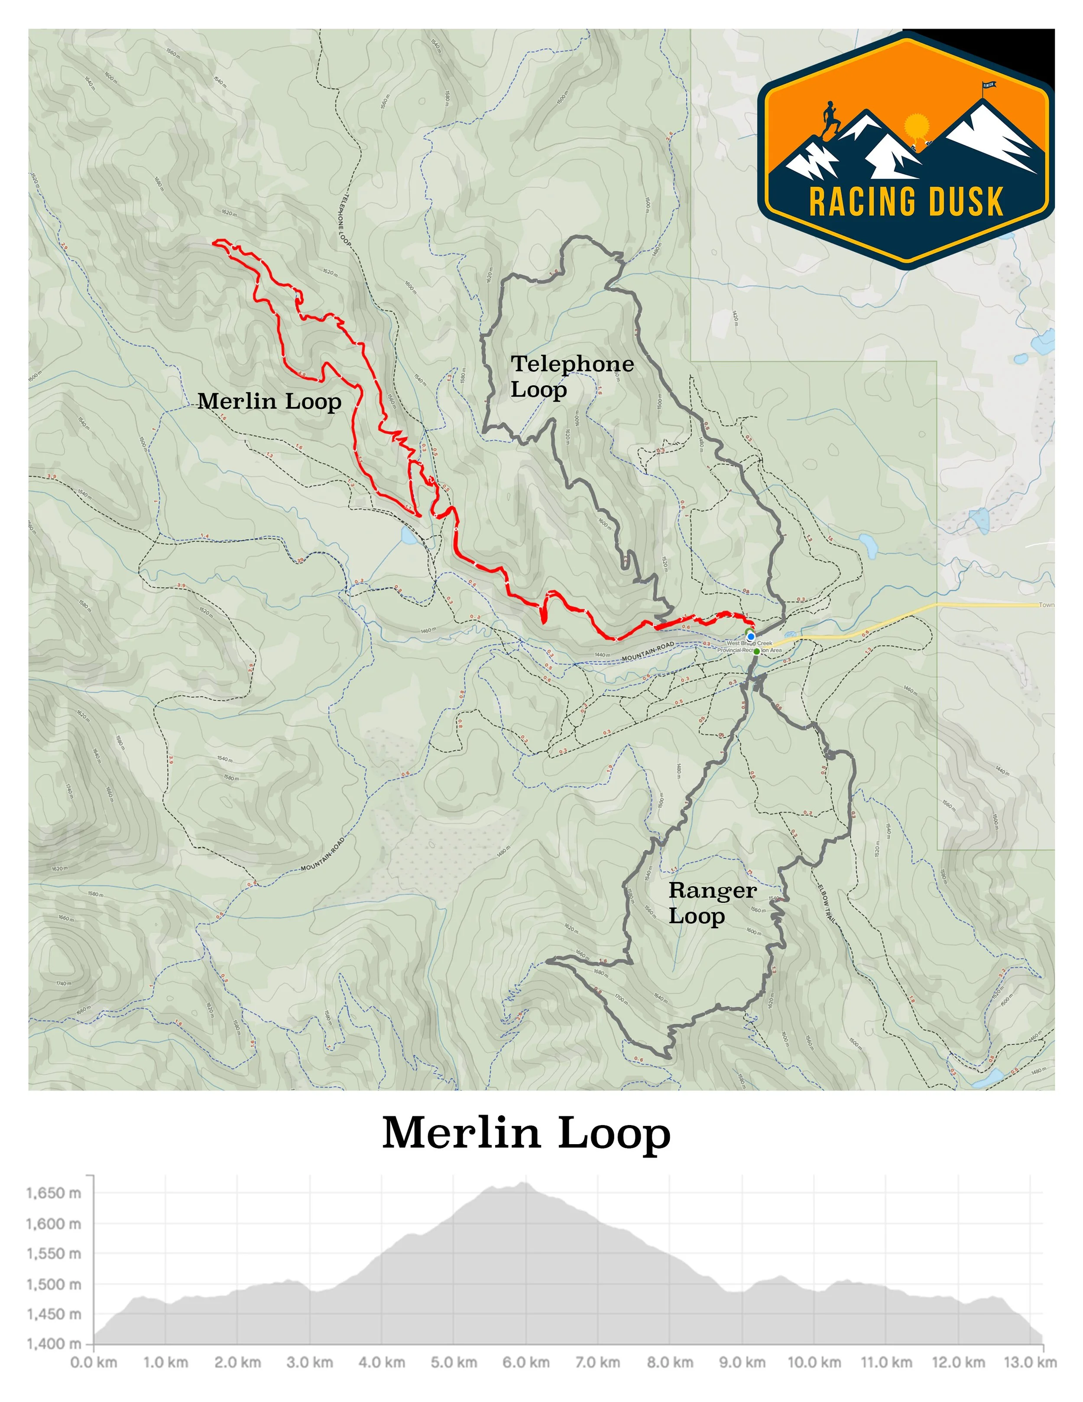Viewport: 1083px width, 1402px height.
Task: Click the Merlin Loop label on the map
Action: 269,401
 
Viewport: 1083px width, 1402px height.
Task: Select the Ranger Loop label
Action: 712,903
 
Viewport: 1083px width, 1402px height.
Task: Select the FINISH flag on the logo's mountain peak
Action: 988,85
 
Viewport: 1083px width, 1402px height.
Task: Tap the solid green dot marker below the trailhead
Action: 756,651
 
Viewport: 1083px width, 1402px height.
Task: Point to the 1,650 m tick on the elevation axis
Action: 54,1193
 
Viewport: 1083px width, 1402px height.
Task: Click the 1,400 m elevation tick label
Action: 54,1343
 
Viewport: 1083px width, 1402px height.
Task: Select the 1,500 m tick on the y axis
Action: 54,1284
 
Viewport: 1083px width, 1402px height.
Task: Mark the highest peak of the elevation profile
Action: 524,1182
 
